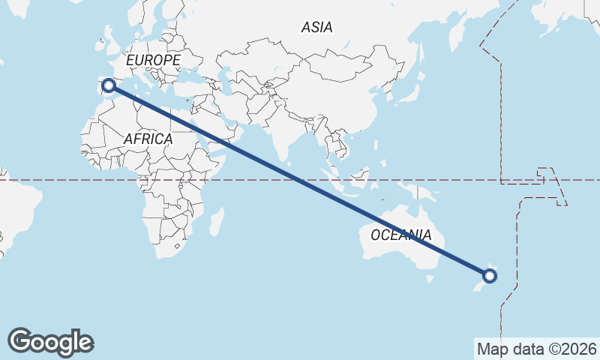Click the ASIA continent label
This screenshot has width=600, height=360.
(x=316, y=27)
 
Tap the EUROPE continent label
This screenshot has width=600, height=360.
(x=153, y=60)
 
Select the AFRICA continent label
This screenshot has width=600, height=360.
(x=148, y=139)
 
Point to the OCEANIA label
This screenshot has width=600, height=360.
(x=400, y=235)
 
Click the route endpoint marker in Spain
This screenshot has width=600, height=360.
(x=109, y=85)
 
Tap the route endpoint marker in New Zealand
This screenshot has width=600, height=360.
(x=490, y=276)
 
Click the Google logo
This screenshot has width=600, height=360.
(x=50, y=342)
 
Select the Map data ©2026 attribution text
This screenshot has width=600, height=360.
(x=537, y=349)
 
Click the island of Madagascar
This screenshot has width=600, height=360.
(x=216, y=222)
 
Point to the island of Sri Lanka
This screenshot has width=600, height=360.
(x=288, y=158)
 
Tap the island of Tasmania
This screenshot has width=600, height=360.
(x=430, y=278)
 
